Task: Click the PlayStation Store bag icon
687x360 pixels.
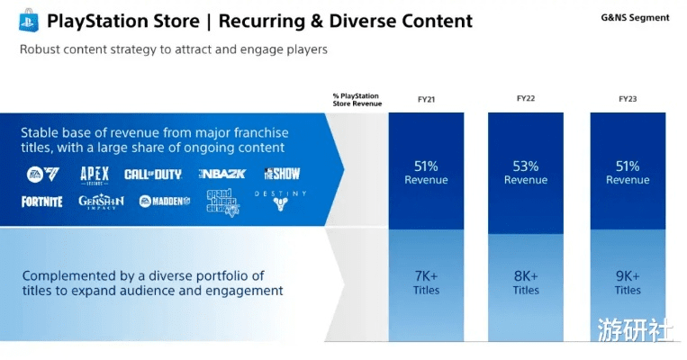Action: click(26, 20)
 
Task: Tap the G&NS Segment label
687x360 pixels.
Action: click(635, 18)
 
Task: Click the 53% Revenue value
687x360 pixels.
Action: click(526, 173)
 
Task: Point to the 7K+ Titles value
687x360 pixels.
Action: click(426, 283)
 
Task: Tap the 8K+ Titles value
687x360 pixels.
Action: click(526, 283)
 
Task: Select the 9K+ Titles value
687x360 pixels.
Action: click(628, 283)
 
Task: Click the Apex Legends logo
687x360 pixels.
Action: click(94, 174)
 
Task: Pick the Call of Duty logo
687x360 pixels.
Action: click(153, 174)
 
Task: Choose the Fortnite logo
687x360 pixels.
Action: click(42, 202)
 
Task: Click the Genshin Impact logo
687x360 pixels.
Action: click(101, 202)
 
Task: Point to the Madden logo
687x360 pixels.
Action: click(164, 202)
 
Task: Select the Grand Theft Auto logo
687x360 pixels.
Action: click(223, 201)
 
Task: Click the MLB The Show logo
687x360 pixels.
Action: click(282, 173)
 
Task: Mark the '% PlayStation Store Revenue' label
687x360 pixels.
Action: click(357, 99)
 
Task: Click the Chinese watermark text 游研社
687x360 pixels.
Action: click(634, 330)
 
